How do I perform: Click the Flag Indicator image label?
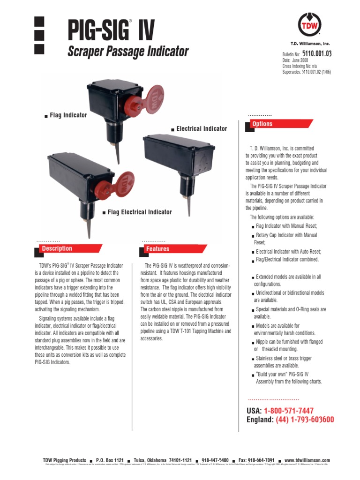point(68,115)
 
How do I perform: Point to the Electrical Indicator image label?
point(202,128)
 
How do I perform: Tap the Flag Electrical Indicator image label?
point(140,212)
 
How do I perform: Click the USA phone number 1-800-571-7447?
point(288,411)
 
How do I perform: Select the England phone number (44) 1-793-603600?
point(305,420)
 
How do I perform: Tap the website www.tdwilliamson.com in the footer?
point(307,461)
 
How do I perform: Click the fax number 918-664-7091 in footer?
point(256,461)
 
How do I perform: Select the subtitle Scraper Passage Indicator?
point(128,52)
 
